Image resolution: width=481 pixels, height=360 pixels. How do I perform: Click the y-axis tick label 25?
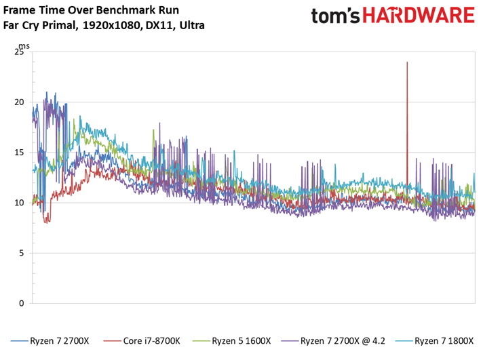click(19, 52)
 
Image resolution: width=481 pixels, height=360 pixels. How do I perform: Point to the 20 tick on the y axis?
click(19, 102)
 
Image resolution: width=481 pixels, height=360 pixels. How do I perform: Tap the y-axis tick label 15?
click(19, 153)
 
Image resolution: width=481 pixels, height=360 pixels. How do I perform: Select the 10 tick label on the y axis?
click(19, 203)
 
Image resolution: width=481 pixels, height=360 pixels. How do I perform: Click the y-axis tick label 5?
click(21, 253)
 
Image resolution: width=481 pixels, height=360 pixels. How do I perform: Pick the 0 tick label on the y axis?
click(21, 303)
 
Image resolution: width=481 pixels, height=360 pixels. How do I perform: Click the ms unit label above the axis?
click(24, 46)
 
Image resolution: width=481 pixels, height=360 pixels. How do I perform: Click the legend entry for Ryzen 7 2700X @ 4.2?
click(343, 341)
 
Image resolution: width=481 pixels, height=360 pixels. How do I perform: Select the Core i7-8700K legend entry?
click(151, 341)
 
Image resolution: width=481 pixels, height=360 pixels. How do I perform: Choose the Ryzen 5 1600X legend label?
click(242, 341)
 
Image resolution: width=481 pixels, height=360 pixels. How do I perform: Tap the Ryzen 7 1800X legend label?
click(444, 341)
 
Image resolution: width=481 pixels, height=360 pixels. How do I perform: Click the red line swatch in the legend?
click(112, 341)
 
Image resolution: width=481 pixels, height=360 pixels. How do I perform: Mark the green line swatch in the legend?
click(201, 341)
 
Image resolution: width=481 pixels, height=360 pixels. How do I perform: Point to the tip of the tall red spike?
click(407, 62)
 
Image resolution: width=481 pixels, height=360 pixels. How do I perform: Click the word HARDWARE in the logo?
click(419, 16)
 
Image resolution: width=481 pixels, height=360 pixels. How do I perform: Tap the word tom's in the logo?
click(335, 16)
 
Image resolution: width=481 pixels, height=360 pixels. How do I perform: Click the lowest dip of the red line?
click(47, 222)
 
